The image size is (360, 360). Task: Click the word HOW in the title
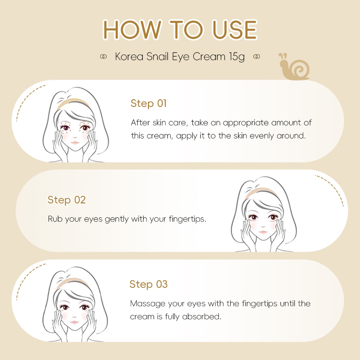click(132, 30)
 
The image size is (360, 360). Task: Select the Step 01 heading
click(148, 103)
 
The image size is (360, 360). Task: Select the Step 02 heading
click(66, 200)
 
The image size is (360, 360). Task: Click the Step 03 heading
click(149, 284)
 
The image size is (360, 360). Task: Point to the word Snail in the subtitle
click(157, 57)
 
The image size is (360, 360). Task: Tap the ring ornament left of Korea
click(103, 57)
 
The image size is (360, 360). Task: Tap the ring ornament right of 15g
click(256, 57)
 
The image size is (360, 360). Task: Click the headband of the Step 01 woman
click(73, 102)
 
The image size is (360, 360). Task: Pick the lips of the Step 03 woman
click(75, 322)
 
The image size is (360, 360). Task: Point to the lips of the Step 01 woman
click(75, 143)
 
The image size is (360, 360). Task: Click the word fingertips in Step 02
click(188, 219)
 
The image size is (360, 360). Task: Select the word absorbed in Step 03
click(202, 317)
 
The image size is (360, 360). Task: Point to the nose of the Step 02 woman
click(263, 226)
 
